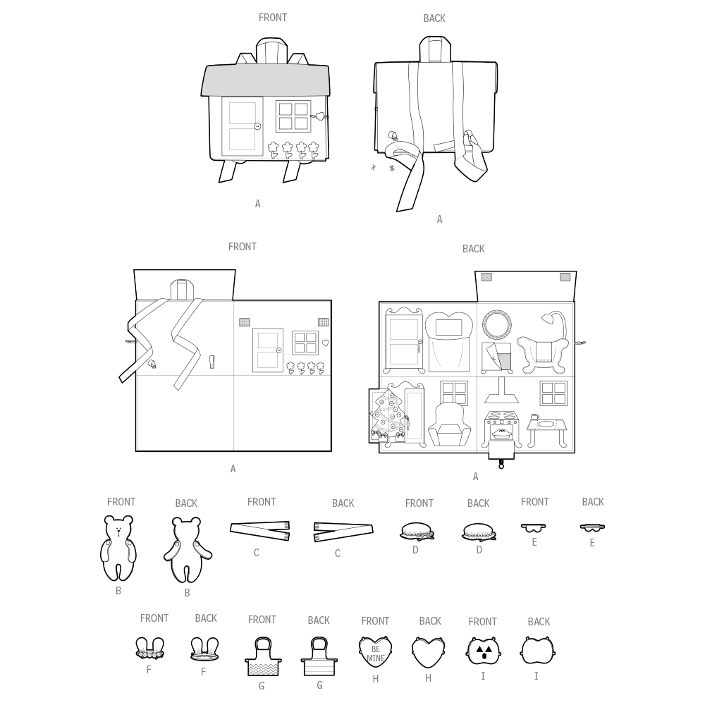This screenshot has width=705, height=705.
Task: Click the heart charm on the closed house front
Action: [319, 117]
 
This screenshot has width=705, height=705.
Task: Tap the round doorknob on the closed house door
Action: [257, 126]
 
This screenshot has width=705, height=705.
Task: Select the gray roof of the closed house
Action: [265, 80]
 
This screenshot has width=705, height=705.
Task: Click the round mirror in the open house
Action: [497, 324]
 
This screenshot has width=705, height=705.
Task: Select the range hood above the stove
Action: [501, 390]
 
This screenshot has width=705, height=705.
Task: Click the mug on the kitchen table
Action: [534, 417]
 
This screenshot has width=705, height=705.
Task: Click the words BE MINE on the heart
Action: [376, 654]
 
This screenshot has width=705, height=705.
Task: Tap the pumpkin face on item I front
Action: [482, 651]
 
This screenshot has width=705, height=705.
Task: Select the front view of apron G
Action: [263, 656]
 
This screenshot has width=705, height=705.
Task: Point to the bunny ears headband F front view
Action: [149, 648]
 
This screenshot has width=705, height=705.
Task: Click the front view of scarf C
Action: [260, 531]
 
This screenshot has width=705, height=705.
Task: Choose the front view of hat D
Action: [417, 531]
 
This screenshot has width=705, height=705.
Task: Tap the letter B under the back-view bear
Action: [187, 593]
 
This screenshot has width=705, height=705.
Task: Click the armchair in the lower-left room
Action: [450, 424]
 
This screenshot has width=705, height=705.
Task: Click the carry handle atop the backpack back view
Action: [435, 49]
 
